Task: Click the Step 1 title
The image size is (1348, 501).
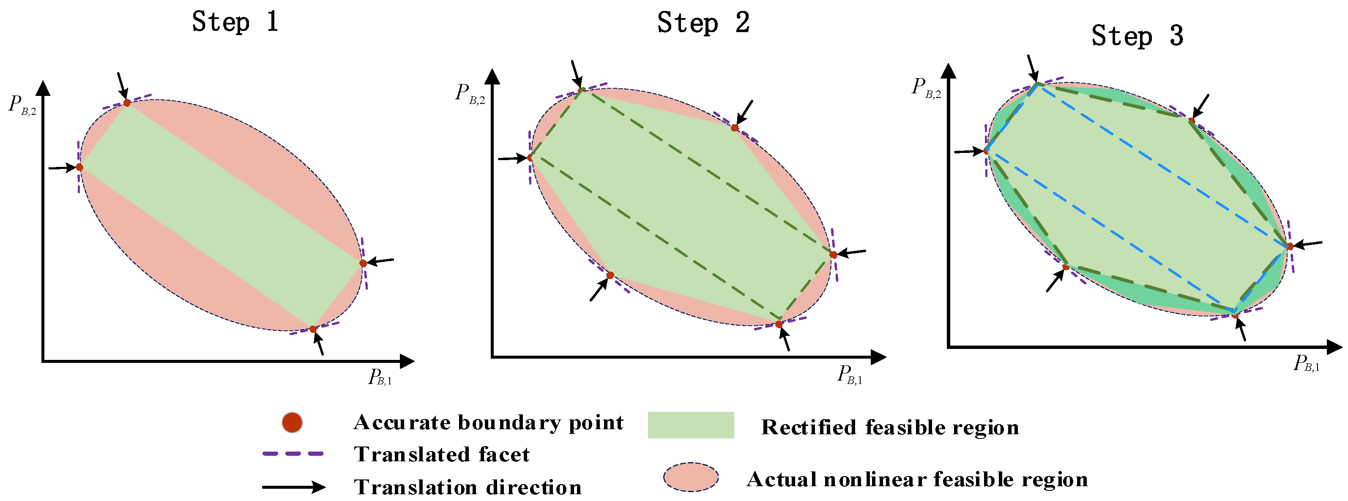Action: [235, 22]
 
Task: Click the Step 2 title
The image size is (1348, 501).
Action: [703, 23]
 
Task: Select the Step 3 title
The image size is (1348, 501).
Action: [1137, 36]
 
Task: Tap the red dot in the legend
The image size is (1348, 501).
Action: [292, 422]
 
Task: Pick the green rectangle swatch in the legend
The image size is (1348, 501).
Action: [691, 425]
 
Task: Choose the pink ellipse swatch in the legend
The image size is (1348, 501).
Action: [691, 477]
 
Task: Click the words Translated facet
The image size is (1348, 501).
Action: [442, 455]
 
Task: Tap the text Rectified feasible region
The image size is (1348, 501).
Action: [890, 427]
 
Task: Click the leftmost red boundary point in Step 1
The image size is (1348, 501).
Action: [79, 167]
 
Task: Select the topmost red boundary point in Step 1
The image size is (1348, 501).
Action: [127, 103]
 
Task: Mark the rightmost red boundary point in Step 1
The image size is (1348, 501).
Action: [363, 263]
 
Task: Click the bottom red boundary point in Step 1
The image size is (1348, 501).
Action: [313, 329]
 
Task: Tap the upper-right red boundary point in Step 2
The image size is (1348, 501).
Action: [735, 128]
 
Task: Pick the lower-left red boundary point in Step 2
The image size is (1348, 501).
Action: [610, 275]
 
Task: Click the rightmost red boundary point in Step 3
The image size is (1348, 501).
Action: [1290, 246]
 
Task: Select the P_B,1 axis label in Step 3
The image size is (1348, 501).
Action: [1306, 363]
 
